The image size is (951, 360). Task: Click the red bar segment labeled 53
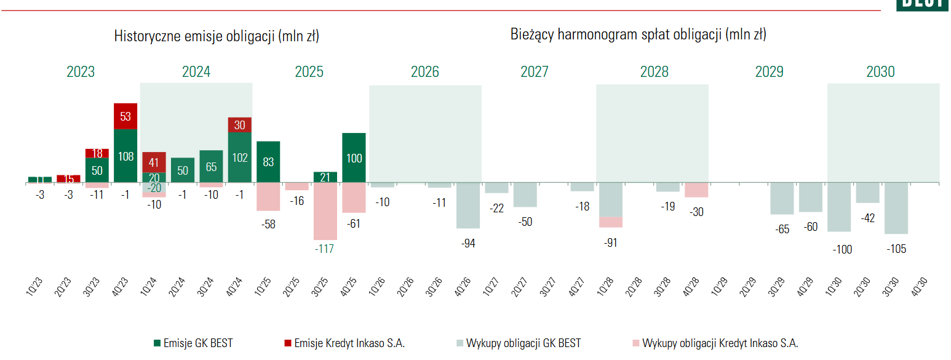pos(125,116)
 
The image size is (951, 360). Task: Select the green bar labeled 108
pos(125,156)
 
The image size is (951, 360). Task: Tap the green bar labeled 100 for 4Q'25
pos(354,158)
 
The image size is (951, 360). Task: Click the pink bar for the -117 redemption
pos(325,212)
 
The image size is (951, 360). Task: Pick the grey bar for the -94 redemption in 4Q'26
pos(468,206)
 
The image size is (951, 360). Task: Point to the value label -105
pos(896,249)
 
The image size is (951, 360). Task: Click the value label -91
pos(610,242)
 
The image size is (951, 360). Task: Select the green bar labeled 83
pos(268,162)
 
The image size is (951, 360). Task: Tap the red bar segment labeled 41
pos(154,162)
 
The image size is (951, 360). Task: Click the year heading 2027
pos(534,72)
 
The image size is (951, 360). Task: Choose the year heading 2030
pos(880,72)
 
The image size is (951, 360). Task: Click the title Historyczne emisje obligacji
pos(217,36)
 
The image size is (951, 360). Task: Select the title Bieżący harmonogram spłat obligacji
pos(638,34)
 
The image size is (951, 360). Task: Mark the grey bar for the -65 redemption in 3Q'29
pos(782,199)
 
